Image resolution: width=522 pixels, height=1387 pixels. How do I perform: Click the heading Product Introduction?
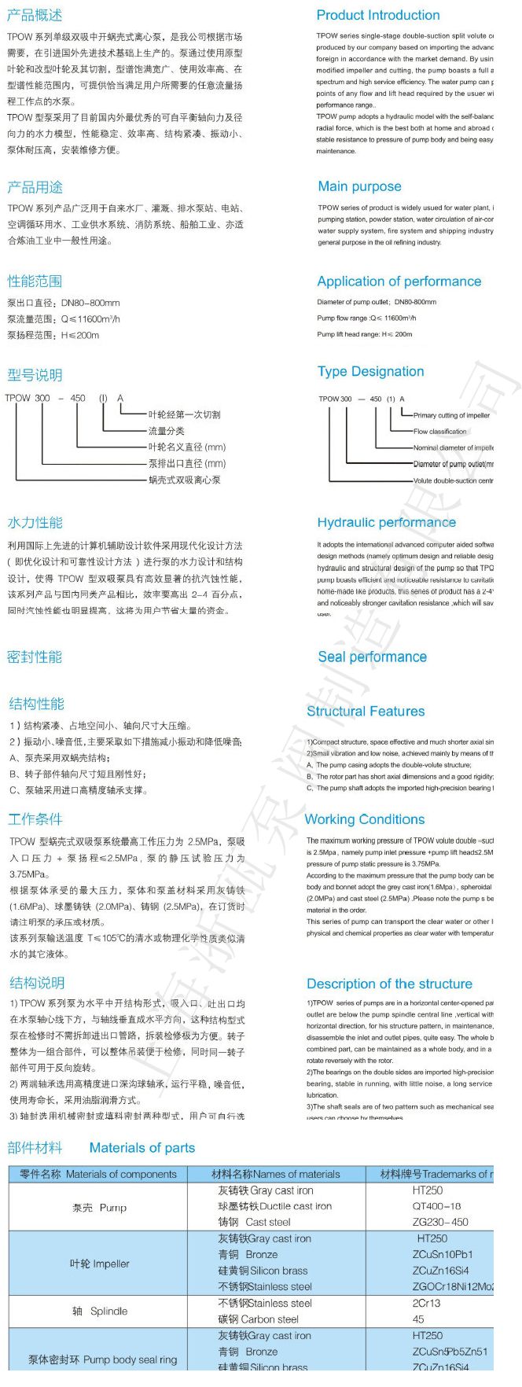[x=377, y=15]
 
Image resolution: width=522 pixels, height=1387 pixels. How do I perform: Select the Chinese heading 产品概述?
[x=35, y=15]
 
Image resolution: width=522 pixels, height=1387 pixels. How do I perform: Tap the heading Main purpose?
[x=359, y=186]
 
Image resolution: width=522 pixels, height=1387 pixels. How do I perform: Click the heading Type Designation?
[x=370, y=371]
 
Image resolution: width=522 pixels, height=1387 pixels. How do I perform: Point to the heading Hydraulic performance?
[x=386, y=522]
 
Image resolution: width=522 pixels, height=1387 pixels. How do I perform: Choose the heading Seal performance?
[x=372, y=657]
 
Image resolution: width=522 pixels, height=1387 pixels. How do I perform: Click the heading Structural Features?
[x=366, y=711]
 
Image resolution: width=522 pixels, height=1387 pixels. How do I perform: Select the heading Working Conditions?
[x=365, y=819]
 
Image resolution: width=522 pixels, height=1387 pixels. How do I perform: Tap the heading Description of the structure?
[x=389, y=984]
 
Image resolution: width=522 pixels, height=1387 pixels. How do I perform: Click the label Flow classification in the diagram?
[x=439, y=431]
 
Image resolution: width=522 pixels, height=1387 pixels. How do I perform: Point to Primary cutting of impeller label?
[x=451, y=415]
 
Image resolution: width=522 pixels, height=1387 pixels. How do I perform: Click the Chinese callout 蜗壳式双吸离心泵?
[x=185, y=480]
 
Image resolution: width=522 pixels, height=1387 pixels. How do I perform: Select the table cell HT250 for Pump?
[x=428, y=1190]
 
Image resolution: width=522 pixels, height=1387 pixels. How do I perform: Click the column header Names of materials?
[x=276, y=1174]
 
